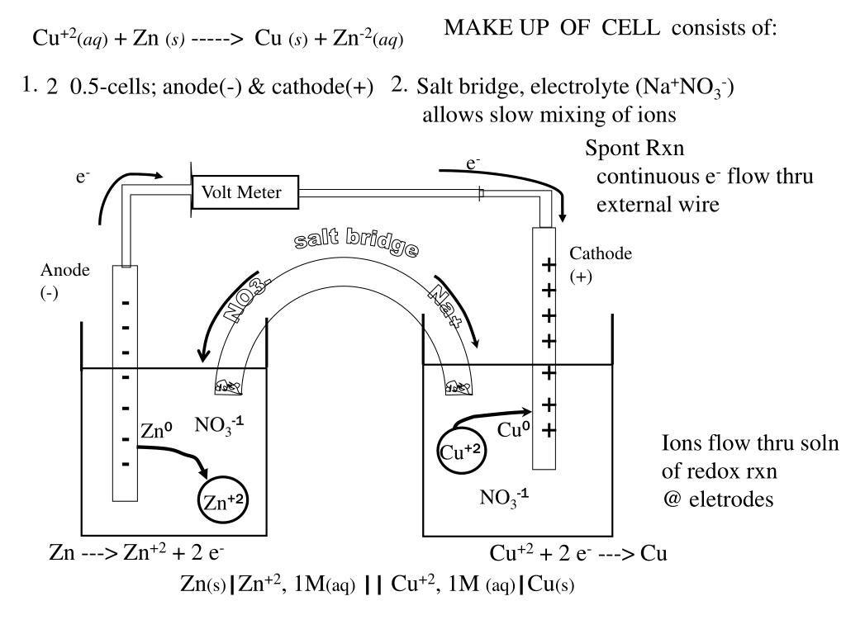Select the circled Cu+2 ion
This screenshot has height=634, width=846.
460,450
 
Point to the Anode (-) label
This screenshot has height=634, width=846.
64,282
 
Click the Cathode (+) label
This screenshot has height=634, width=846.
601,265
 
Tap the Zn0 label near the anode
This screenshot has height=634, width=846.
155,431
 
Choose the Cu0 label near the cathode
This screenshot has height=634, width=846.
512,430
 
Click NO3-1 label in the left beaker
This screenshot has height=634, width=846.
219,425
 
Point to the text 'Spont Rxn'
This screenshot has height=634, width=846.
634,149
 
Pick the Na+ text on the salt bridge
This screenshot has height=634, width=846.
444,306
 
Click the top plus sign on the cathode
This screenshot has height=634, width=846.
547,265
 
